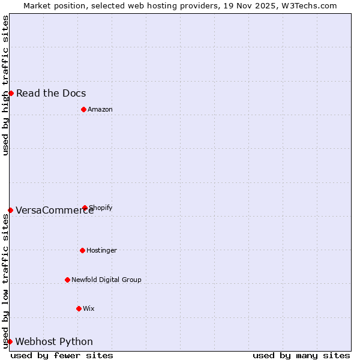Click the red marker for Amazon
click(x=83, y=109)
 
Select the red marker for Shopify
click(x=85, y=208)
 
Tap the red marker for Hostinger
click(x=82, y=250)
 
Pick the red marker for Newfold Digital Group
click(x=67, y=280)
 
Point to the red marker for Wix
click(x=79, y=308)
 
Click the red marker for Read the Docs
click(x=11, y=93)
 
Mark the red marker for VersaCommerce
click(x=10, y=210)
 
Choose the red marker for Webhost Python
click(x=10, y=341)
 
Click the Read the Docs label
click(x=51, y=93)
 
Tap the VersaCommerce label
click(x=55, y=210)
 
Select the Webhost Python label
click(x=54, y=342)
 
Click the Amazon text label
click(x=100, y=109)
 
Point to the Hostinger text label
click(x=101, y=250)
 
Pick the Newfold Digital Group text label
click(x=106, y=280)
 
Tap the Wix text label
click(x=89, y=308)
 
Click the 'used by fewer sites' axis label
click(x=62, y=355)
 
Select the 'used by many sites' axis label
click(x=301, y=355)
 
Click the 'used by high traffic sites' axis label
click(x=5, y=85)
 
